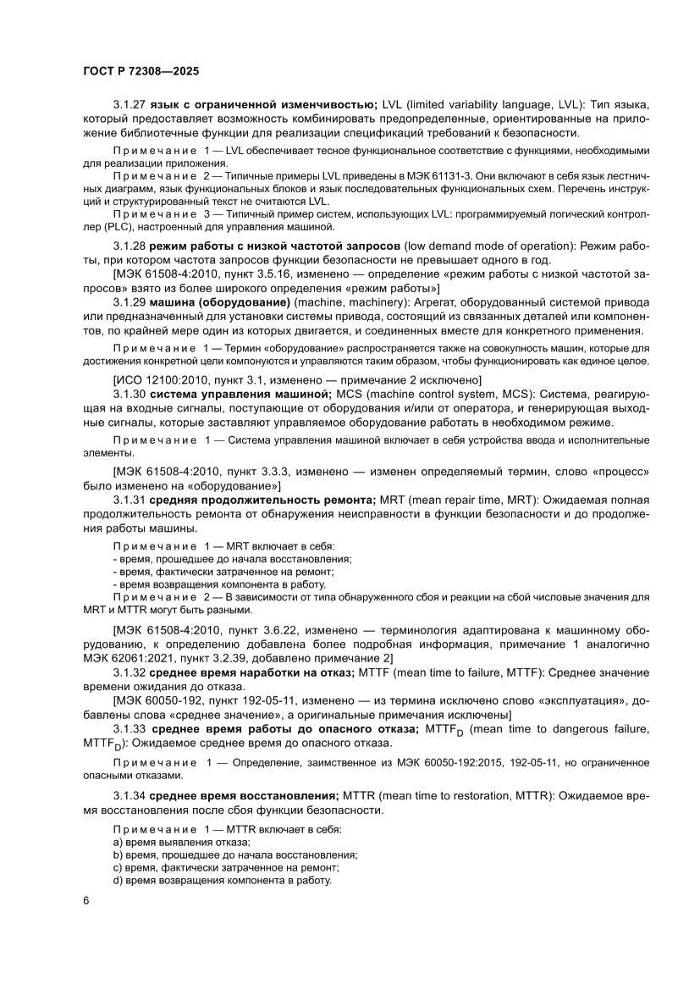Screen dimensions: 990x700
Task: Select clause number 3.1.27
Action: point(130,105)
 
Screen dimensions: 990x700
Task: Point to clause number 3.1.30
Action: point(130,393)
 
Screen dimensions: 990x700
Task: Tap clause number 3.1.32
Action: point(130,672)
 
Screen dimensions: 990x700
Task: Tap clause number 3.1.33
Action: point(130,728)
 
